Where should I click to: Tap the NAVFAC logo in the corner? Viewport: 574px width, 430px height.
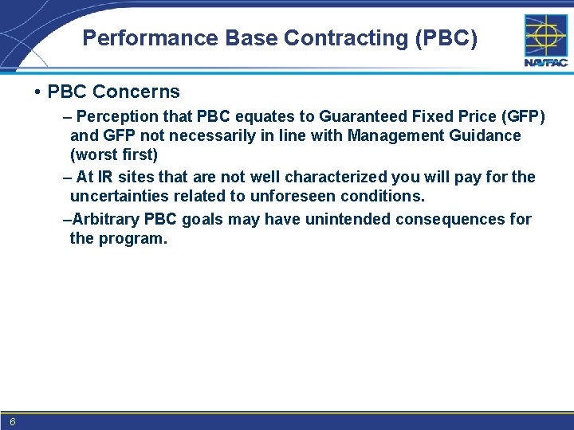click(x=545, y=40)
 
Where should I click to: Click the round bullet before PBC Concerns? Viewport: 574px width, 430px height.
click(x=38, y=92)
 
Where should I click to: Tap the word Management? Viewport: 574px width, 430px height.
click(x=391, y=135)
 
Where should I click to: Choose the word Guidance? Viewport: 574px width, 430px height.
click(x=482, y=135)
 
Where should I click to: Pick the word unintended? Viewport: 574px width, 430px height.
click(x=341, y=219)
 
